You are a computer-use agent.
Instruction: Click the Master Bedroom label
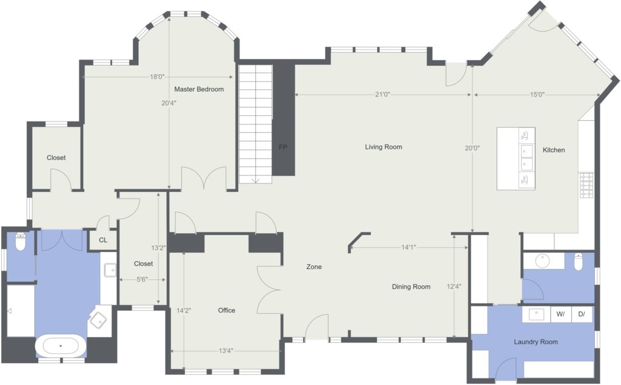(x=199, y=89)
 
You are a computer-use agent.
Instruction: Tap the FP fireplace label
(x=283, y=147)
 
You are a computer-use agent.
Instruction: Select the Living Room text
(x=383, y=147)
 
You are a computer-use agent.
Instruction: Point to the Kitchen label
(x=554, y=150)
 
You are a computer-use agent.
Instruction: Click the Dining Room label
(x=411, y=287)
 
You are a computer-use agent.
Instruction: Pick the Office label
(x=227, y=310)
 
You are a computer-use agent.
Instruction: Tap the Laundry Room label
(x=536, y=342)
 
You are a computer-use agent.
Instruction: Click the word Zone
(x=314, y=267)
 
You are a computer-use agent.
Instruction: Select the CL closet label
(x=103, y=240)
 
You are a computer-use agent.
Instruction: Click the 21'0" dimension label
(x=383, y=94)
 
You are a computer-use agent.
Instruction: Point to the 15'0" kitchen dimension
(x=537, y=94)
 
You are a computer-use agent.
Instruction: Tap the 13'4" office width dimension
(x=226, y=350)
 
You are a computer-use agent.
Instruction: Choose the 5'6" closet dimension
(x=142, y=279)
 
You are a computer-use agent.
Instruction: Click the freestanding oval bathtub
(x=61, y=346)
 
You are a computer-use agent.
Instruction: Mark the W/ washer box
(x=561, y=314)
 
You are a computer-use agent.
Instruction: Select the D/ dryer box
(x=582, y=314)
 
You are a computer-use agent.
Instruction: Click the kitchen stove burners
(x=586, y=185)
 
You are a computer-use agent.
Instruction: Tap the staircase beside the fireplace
(x=255, y=124)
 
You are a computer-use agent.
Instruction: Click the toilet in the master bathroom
(x=20, y=242)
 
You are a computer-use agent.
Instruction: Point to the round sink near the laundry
(x=542, y=261)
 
